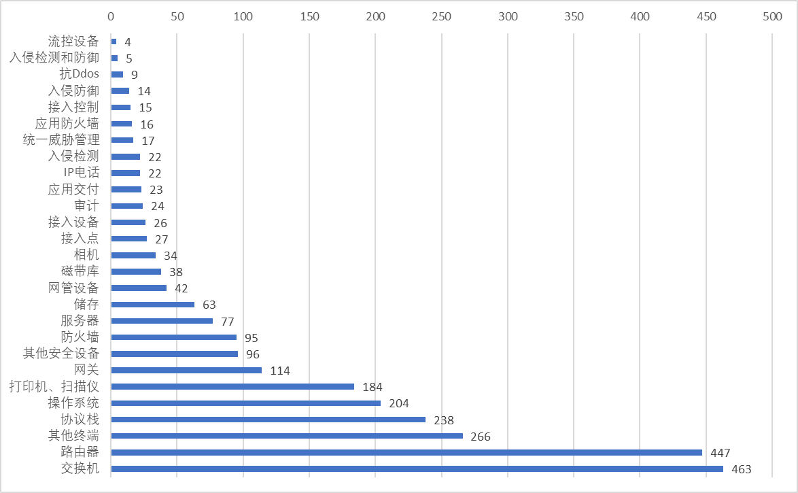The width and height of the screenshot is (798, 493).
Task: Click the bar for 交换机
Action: click(x=417, y=469)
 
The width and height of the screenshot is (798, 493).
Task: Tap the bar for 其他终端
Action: click(x=287, y=436)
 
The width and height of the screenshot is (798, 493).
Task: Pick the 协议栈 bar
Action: click(x=268, y=420)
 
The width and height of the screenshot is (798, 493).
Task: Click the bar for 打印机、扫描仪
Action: click(x=232, y=386)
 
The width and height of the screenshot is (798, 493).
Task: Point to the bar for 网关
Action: click(x=186, y=370)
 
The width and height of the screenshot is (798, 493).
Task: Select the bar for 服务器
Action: click(x=162, y=321)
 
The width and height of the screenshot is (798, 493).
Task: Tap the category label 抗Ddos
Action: click(x=80, y=74)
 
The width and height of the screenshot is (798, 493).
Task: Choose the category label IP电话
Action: click(x=81, y=173)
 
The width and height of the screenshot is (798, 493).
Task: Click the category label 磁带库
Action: click(x=80, y=271)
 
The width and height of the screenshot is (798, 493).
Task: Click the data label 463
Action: click(x=742, y=469)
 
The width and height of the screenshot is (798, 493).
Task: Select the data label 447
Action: click(x=720, y=453)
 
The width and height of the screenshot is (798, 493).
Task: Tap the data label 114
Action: click(x=280, y=371)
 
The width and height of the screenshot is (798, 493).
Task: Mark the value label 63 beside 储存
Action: click(x=209, y=305)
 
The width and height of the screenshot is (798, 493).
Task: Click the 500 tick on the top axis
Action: click(x=772, y=16)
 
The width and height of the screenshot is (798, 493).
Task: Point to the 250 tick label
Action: click(x=441, y=16)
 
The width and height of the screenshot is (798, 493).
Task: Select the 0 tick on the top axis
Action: click(x=111, y=16)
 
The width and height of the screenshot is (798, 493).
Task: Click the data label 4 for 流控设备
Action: click(x=127, y=42)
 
